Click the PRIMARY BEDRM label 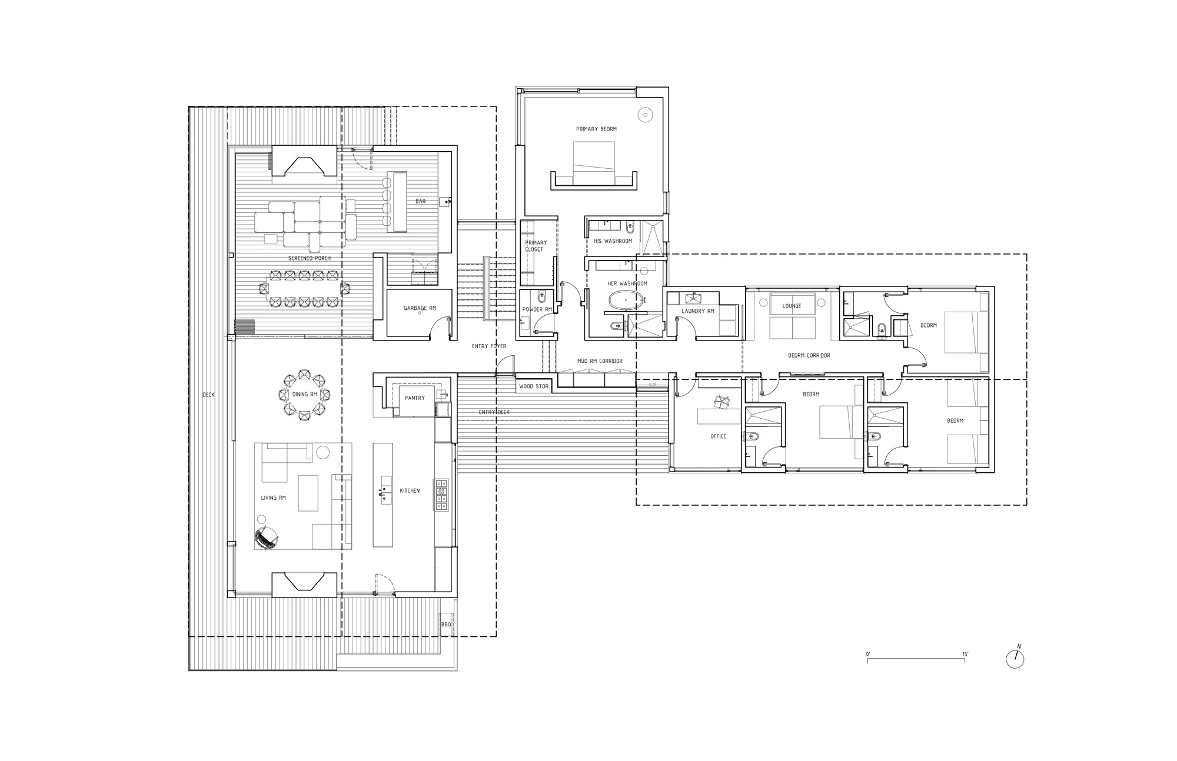596,129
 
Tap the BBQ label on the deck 445,625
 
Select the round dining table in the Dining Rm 304,394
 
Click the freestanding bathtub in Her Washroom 627,301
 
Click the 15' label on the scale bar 965,654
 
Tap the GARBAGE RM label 420,308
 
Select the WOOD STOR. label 534,386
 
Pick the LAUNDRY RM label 698,311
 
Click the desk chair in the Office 720,401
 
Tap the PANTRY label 415,398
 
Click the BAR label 420,201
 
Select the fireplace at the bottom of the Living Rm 304,584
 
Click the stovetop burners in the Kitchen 441,494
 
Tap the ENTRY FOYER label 489,346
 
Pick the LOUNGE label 792,306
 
